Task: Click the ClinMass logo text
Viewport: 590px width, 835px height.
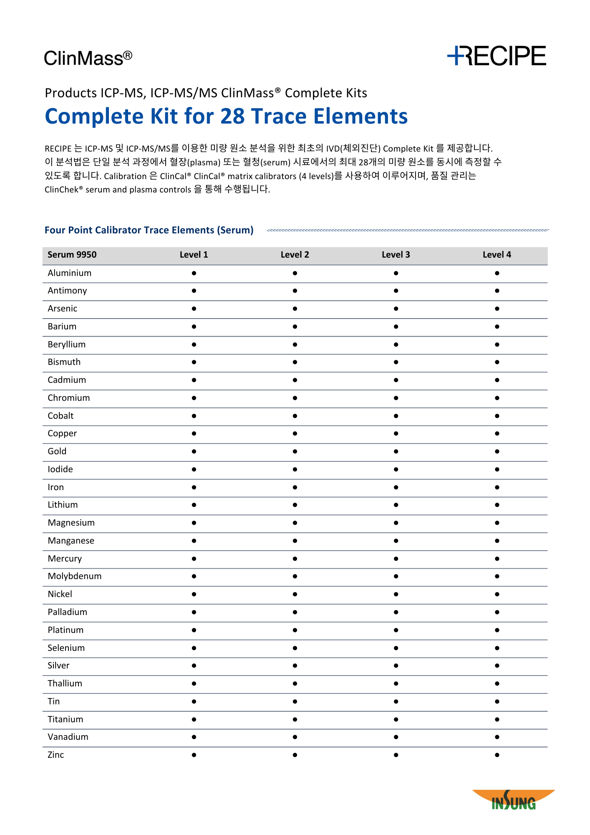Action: [x=88, y=58]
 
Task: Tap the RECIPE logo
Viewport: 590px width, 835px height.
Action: [x=497, y=56]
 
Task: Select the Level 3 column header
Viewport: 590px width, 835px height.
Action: [x=396, y=255]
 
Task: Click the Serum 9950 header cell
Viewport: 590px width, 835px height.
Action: [x=72, y=255]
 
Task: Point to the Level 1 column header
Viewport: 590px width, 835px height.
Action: [x=194, y=255]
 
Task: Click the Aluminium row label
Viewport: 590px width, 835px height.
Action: [x=70, y=273]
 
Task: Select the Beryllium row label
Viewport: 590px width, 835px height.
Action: [x=67, y=344]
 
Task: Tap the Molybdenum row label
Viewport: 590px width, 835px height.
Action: [x=75, y=576]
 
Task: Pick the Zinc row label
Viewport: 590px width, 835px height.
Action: [x=56, y=755]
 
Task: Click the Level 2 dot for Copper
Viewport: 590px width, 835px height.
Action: [x=295, y=434]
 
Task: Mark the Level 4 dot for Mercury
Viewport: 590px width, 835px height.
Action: [x=497, y=559]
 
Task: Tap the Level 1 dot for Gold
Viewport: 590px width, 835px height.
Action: [x=194, y=451]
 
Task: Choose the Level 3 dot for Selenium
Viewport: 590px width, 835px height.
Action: [x=396, y=648]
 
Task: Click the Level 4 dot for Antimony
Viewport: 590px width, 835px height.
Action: [x=497, y=291]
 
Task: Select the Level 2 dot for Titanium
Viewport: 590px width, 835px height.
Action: [x=295, y=719]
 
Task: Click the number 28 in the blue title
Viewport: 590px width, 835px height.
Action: [x=232, y=116]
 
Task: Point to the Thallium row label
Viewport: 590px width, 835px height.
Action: [x=65, y=683]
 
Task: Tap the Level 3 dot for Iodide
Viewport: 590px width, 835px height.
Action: [x=396, y=469]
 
